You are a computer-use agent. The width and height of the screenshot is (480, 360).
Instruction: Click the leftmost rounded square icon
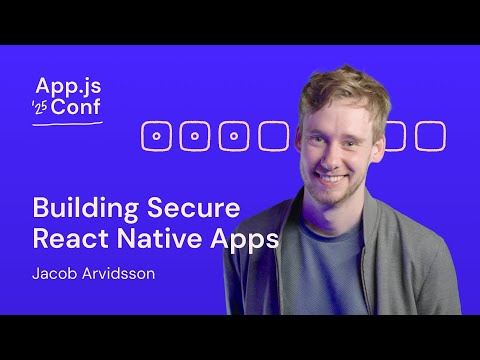coord(156,135)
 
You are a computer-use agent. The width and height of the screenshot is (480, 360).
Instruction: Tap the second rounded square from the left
coord(195,135)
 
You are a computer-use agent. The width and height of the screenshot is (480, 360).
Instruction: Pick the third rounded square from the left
coord(234,135)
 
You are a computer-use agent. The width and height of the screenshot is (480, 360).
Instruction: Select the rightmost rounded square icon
coord(430,135)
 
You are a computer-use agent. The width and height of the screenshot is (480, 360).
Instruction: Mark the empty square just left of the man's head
coord(273,135)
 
